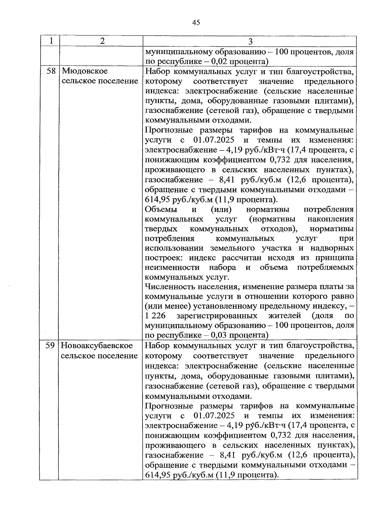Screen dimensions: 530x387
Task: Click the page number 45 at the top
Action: tap(196, 22)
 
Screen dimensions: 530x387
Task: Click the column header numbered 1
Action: tap(50, 41)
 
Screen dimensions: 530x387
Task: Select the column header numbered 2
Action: tap(102, 41)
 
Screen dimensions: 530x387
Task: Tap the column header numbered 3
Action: tap(250, 42)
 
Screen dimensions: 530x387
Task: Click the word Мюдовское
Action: tap(84, 71)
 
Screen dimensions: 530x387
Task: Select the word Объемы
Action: tap(161, 209)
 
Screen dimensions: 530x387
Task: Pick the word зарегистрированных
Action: tap(219, 315)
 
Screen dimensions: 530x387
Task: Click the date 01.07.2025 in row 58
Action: tap(214, 140)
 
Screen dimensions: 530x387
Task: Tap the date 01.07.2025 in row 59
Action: tap(214, 415)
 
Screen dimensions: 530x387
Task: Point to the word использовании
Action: tap(175, 248)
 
